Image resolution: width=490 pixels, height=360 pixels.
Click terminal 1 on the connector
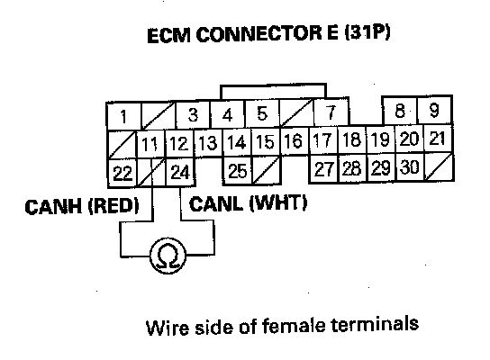click(123, 116)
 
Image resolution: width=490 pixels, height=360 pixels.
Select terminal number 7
click(331, 112)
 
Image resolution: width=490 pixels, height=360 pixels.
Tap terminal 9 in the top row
click(435, 110)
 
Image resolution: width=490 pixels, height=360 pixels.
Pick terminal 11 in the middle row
click(150, 144)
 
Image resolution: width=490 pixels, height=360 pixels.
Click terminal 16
click(294, 140)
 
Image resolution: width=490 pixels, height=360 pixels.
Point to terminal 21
click(437, 139)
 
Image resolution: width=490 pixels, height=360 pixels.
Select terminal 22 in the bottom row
click(122, 173)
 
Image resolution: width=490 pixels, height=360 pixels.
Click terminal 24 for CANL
click(180, 172)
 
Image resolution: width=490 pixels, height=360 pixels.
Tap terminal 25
click(238, 170)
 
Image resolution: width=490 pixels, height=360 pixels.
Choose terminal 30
click(409, 166)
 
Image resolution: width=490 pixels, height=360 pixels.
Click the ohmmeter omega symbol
click(168, 256)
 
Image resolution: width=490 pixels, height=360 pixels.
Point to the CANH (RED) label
click(82, 206)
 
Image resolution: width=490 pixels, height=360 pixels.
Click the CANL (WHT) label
click(248, 203)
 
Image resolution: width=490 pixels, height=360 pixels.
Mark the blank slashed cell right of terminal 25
click(267, 170)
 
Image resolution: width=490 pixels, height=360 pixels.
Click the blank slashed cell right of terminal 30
click(439, 166)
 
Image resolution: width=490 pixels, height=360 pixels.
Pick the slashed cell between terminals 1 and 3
click(159, 115)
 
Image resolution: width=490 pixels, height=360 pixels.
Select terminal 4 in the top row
click(228, 114)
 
